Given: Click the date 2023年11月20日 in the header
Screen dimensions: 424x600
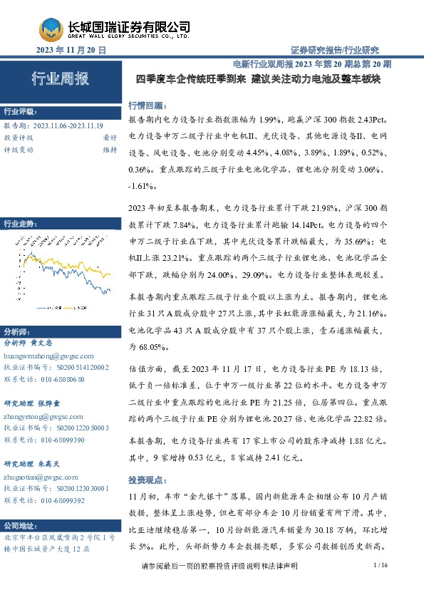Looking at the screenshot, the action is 71,50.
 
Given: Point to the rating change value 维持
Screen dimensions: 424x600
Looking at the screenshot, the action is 110,150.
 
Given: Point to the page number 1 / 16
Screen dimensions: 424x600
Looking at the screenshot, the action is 379,585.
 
